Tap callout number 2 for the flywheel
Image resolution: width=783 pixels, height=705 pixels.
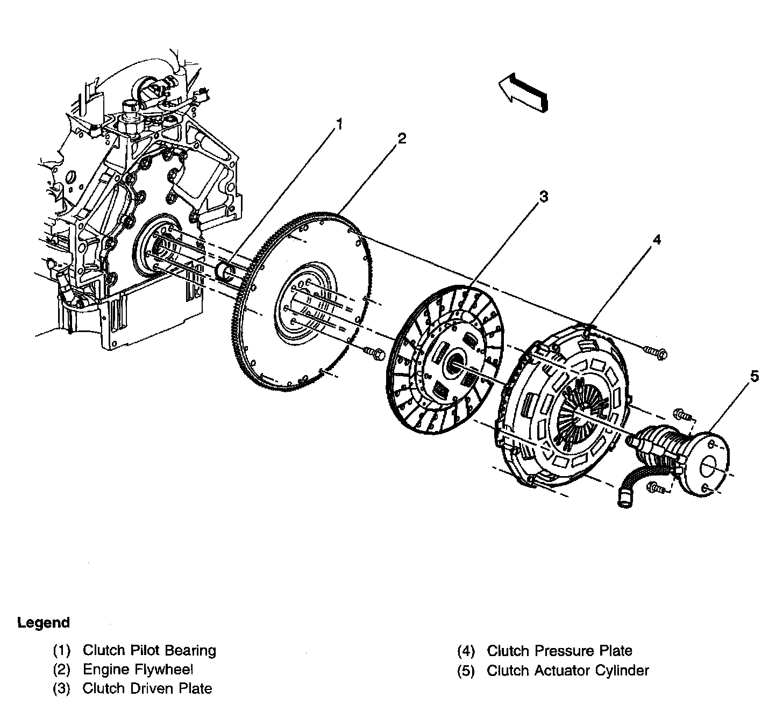tap(401, 139)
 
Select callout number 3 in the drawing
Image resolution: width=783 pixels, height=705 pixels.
tap(544, 197)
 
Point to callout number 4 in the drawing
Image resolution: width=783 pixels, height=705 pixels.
tap(656, 240)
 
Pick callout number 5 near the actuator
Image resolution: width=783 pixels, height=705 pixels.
tap(754, 377)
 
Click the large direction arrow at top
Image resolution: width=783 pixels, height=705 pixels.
tap(523, 92)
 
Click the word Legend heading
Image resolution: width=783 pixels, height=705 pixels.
tap(44, 623)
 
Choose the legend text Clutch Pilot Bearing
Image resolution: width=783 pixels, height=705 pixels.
tap(149, 651)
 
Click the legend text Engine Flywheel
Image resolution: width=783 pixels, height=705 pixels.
tap(138, 670)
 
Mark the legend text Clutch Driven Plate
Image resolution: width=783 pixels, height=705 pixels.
tap(147, 688)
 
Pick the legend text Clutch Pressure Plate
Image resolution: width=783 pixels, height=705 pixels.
tap(559, 651)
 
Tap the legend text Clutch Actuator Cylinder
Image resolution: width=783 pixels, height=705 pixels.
tap(567, 671)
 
